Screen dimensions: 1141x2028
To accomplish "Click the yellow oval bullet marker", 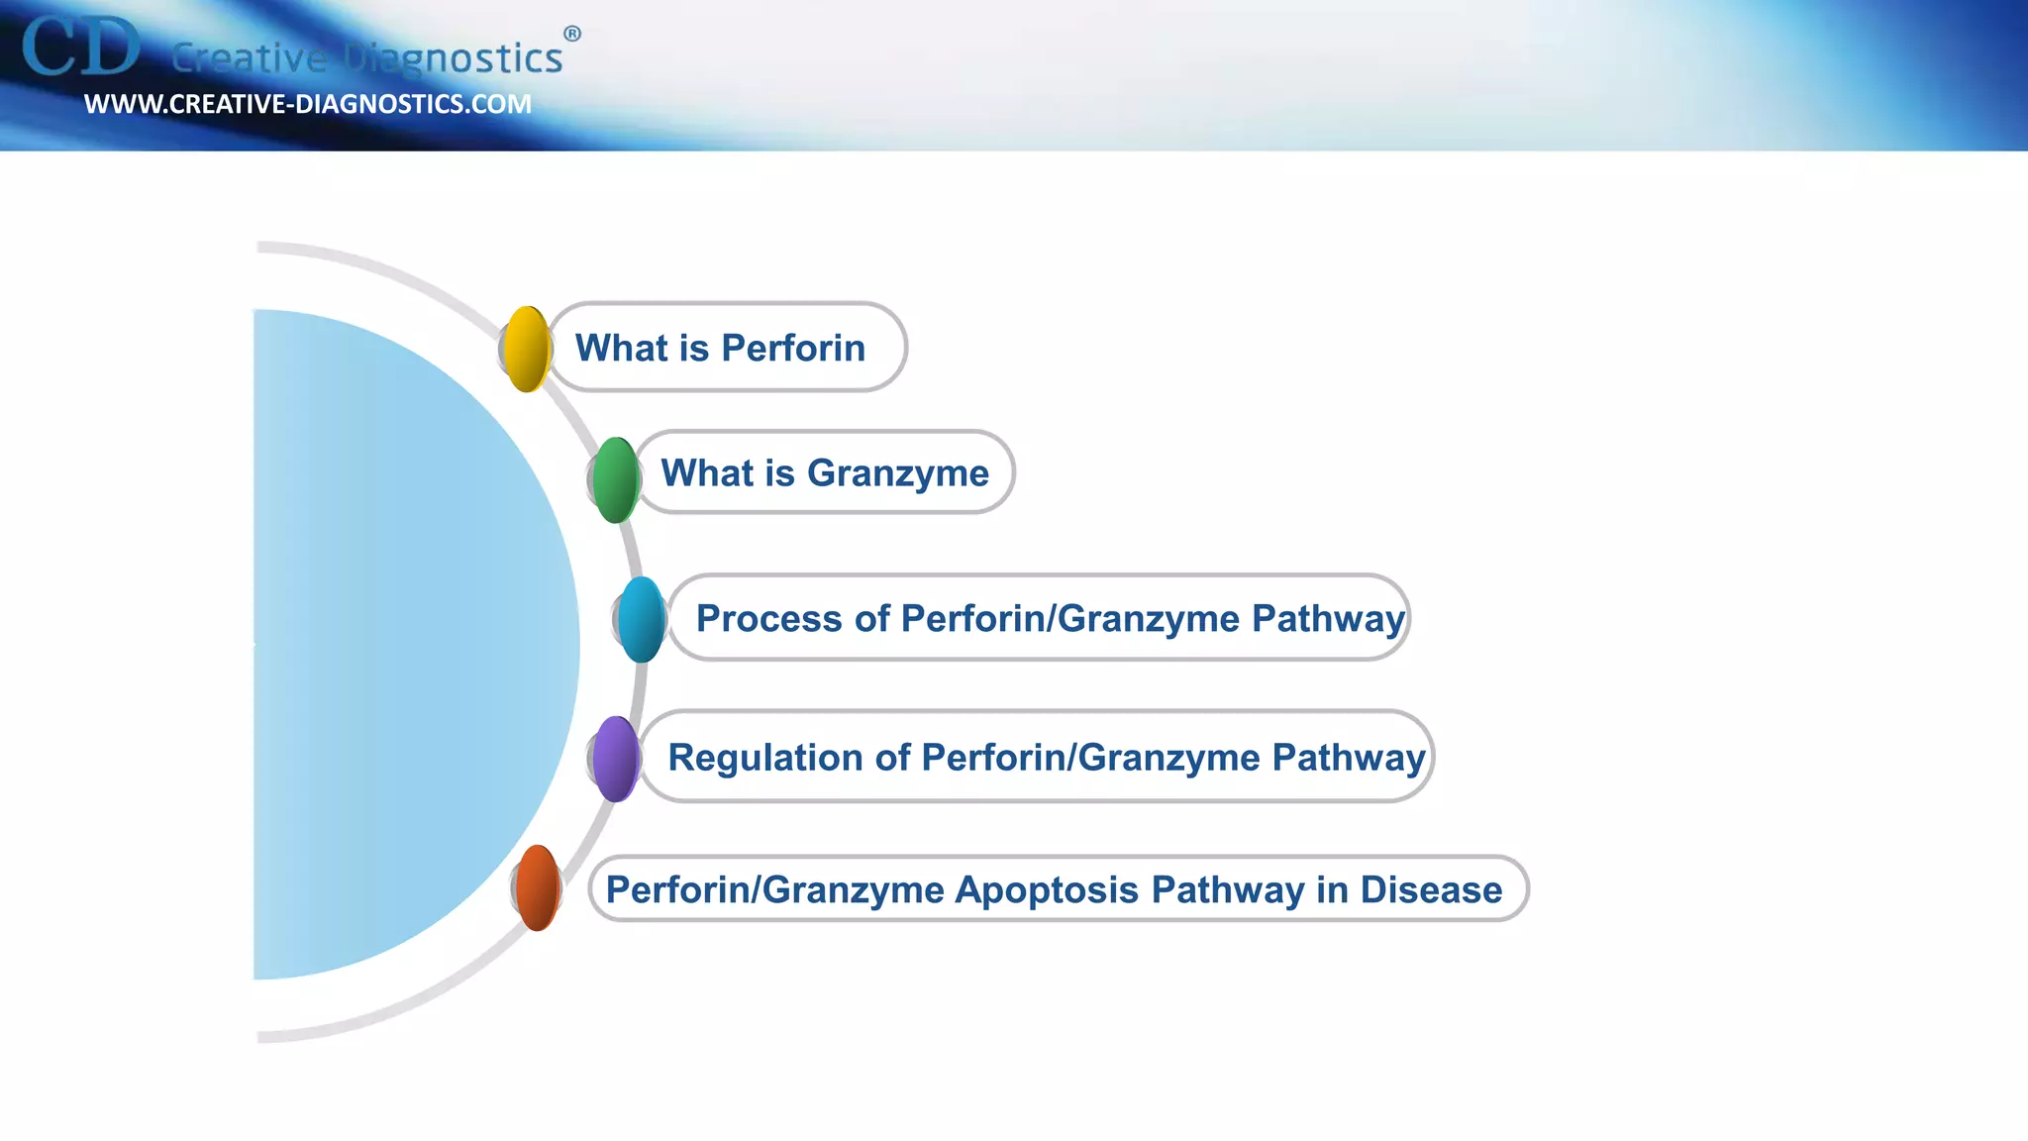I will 527,349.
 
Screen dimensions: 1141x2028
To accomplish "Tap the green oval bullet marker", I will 615,479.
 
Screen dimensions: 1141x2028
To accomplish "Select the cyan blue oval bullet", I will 642,619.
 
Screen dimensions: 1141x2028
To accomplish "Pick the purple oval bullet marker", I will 616,759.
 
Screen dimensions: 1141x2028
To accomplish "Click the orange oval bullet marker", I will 538,887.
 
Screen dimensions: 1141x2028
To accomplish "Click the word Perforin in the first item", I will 792,348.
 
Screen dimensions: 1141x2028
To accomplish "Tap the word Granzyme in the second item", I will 897,473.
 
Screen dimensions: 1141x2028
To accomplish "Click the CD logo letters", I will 81,48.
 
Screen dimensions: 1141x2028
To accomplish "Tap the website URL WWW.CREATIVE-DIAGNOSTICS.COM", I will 307,104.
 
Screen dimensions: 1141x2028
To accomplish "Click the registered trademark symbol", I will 572,34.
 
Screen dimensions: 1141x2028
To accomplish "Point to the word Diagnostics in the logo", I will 454,58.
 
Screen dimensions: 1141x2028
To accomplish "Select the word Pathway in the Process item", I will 1327,618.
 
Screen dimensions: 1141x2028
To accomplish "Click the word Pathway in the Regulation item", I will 1348,758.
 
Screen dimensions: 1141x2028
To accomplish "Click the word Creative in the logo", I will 249,58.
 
